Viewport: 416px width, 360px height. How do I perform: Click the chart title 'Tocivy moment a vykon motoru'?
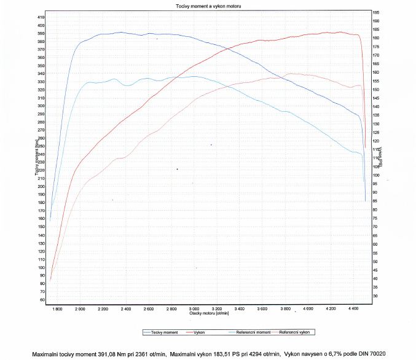point(207,5)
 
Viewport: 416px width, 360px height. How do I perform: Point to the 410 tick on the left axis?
point(41,17)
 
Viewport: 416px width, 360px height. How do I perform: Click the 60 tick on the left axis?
point(42,300)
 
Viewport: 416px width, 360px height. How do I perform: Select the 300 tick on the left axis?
point(41,106)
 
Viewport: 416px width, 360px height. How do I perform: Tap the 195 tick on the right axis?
point(376,12)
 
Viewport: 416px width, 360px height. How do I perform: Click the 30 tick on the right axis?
point(375,296)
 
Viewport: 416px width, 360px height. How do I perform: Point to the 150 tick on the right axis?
point(376,90)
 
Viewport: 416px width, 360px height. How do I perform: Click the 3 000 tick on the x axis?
point(194,308)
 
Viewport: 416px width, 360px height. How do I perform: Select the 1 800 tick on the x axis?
point(57,308)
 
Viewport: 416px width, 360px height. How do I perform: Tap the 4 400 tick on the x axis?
point(352,308)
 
